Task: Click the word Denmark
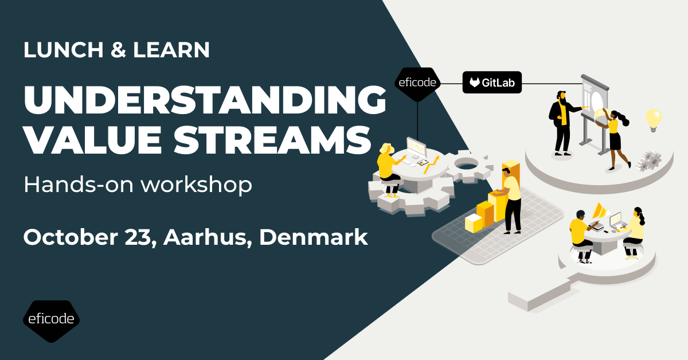[314, 237]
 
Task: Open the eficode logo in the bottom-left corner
[51, 319]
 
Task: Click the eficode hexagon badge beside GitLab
[419, 84]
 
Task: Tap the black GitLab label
[492, 83]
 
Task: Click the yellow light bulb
[653, 119]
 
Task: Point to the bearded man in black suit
[562, 123]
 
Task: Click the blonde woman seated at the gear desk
[388, 166]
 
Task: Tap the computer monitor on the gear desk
[416, 148]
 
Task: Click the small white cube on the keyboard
[474, 224]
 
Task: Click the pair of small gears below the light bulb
[649, 161]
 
